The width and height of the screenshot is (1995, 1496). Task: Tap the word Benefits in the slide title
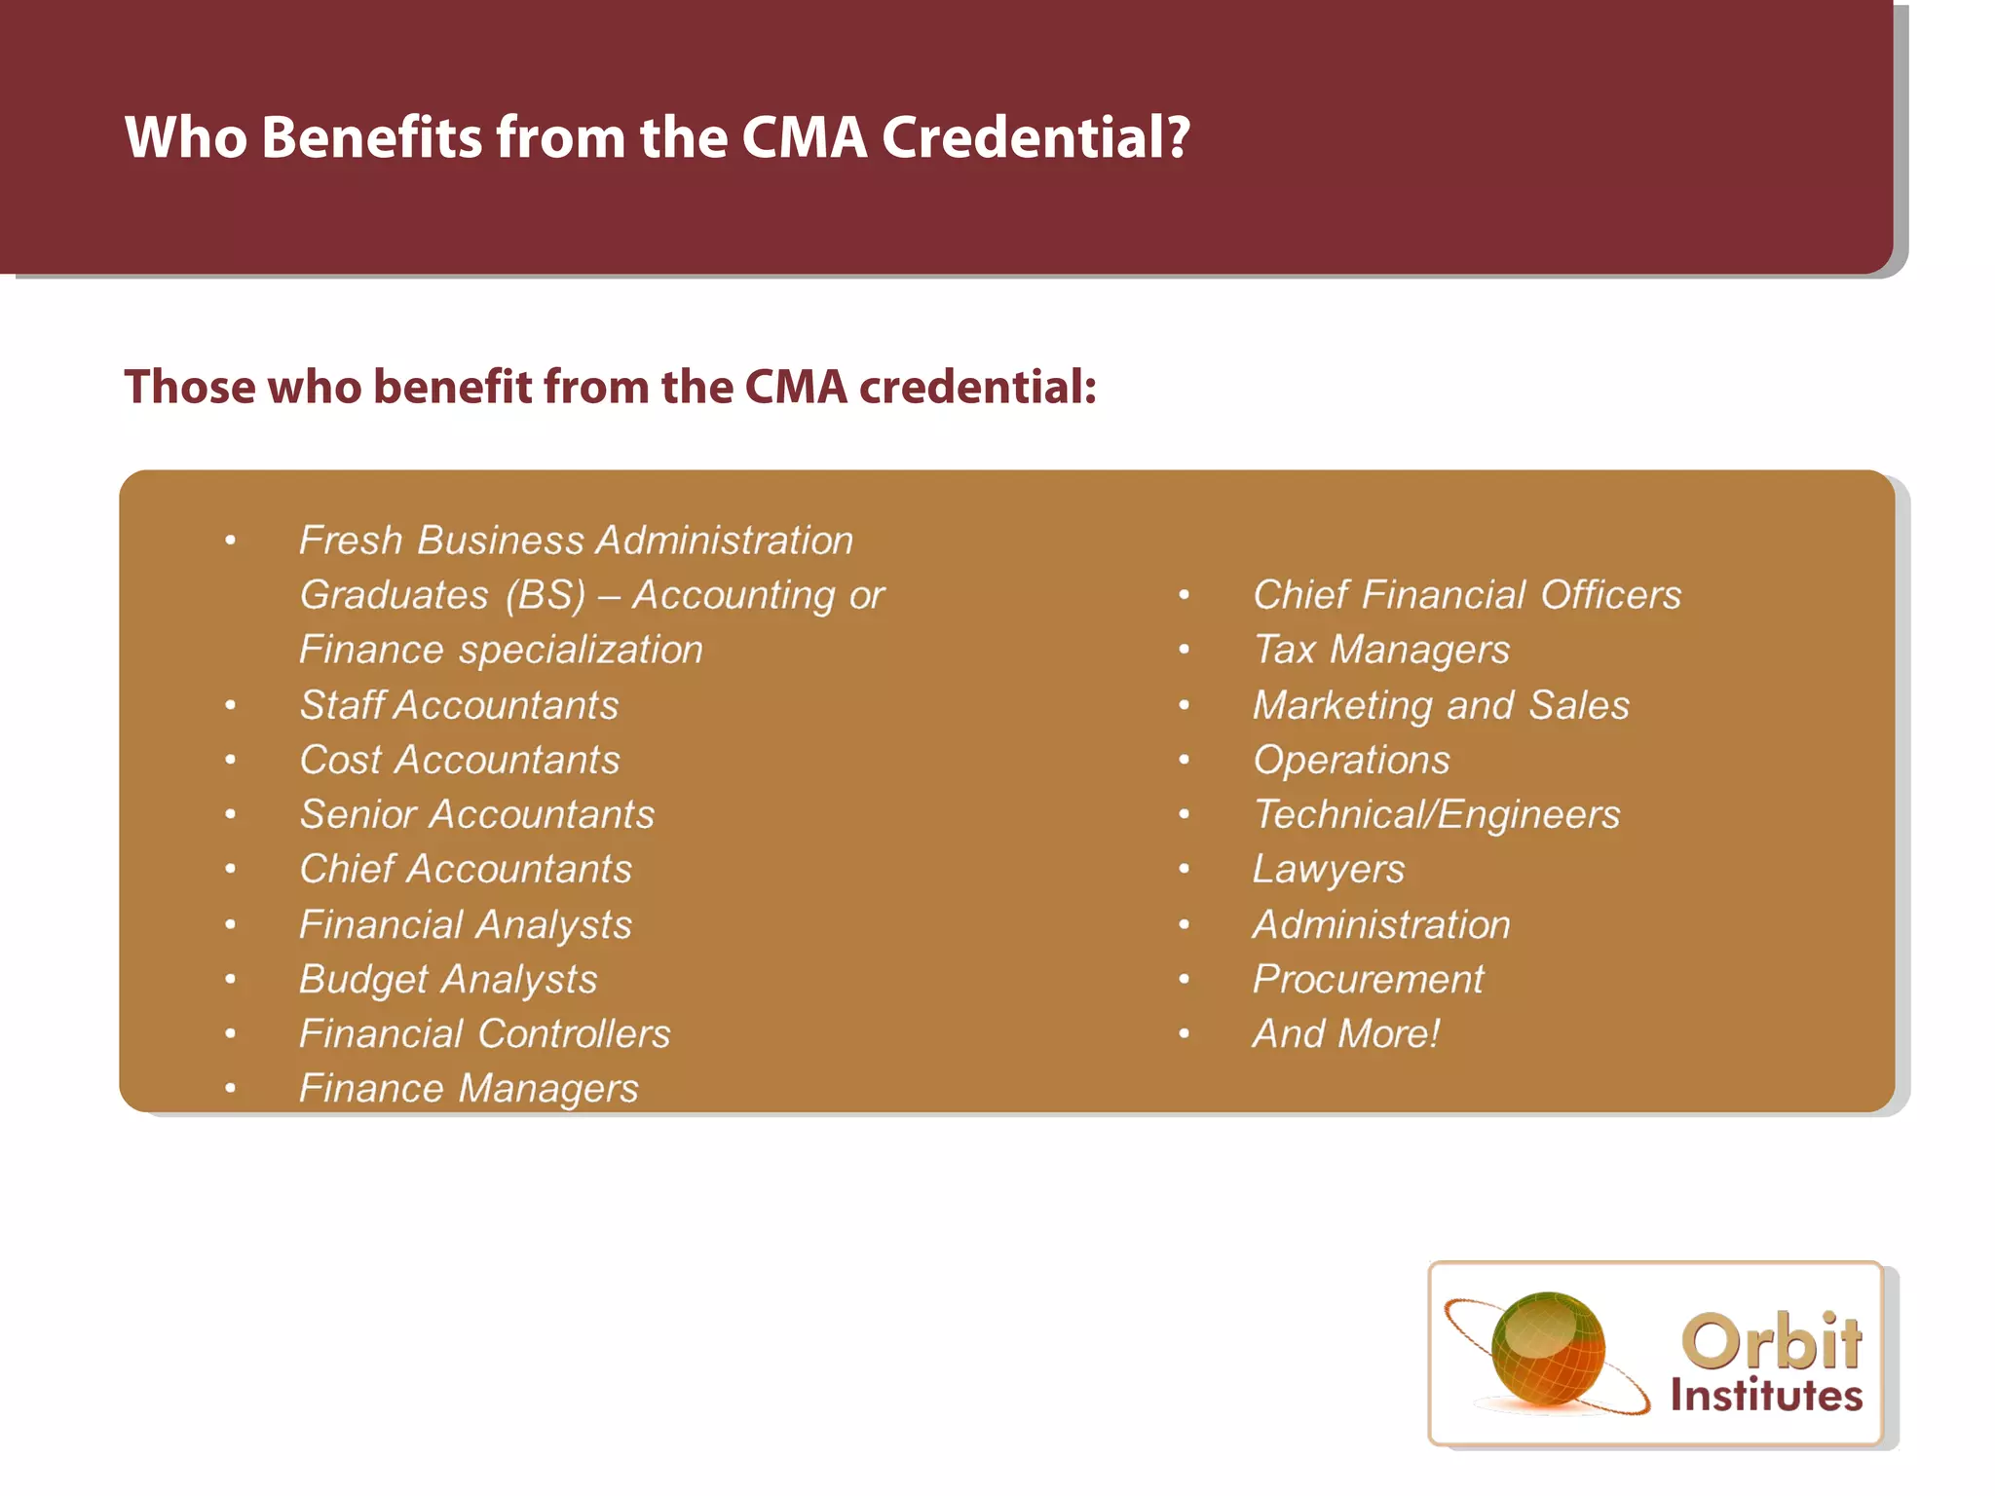[371, 137]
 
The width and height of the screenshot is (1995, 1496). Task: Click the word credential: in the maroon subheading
[978, 387]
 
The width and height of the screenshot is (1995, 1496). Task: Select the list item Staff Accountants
[459, 705]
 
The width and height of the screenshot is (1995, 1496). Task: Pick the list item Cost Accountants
[459, 760]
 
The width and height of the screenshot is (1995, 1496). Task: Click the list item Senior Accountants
[477, 814]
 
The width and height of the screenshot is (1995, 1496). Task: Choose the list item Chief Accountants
[466, 869]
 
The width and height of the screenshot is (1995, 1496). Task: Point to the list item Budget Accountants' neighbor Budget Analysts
[448, 979]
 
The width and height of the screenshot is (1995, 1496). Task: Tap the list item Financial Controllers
[485, 1033]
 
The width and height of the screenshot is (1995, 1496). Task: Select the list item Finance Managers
[469, 1088]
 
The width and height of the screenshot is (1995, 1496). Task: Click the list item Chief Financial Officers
[1467, 595]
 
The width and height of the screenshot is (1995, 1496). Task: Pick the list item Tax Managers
[1381, 650]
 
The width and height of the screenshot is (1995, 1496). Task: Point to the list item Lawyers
[1329, 869]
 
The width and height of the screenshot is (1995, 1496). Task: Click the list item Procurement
[1368, 979]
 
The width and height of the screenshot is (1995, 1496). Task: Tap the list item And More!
[1345, 1033]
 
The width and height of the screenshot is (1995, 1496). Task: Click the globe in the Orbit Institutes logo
[1548, 1349]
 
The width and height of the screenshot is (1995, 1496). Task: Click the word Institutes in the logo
[1766, 1396]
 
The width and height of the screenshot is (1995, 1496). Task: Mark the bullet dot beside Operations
[1185, 760]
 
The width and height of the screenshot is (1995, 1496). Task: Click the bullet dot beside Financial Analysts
[231, 924]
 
